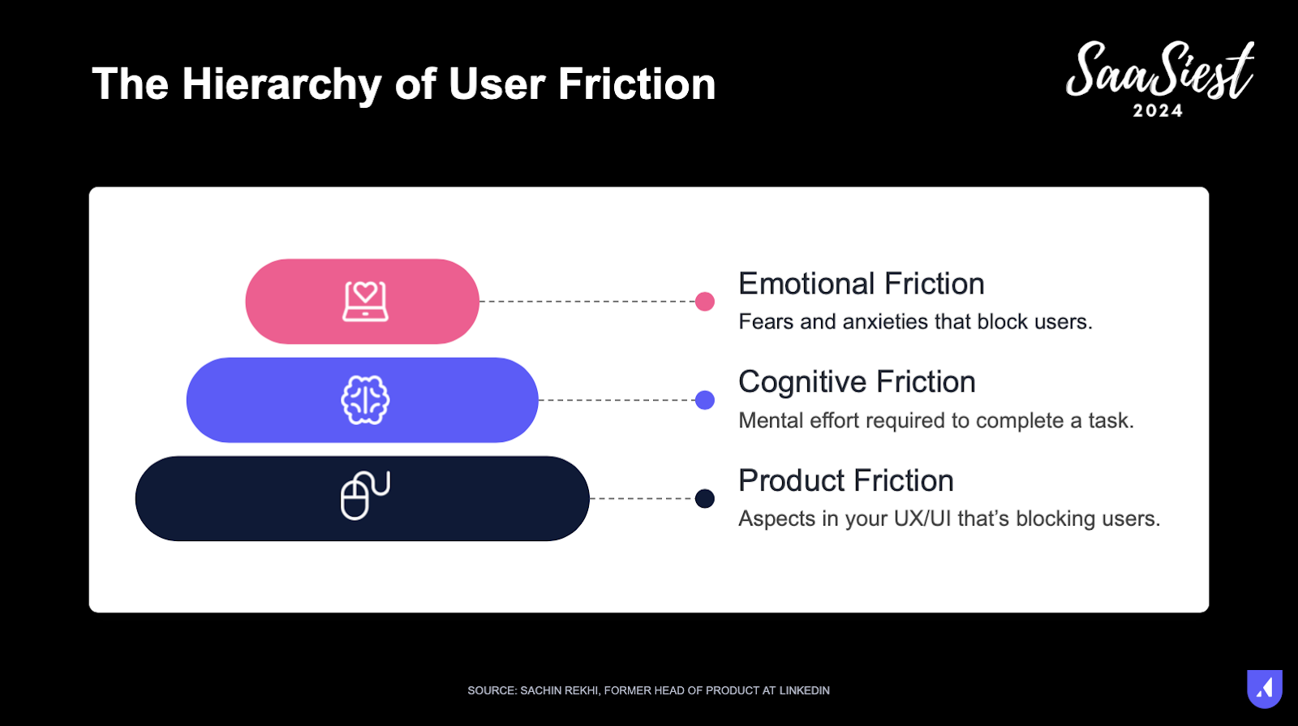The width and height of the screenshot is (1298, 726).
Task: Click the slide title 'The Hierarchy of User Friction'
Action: tap(404, 84)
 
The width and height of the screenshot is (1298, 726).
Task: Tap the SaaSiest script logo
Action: tap(1159, 71)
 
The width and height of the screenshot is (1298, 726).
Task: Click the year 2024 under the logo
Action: tap(1158, 110)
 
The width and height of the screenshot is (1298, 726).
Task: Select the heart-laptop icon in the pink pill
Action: tap(365, 301)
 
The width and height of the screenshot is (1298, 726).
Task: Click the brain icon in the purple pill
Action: tap(365, 400)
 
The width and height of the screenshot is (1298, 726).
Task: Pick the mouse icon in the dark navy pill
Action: tap(365, 496)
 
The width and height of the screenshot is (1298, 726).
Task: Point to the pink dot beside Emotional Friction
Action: tap(705, 301)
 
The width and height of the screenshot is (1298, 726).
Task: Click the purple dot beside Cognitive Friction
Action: tap(705, 400)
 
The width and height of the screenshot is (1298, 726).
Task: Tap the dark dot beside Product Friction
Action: tap(705, 498)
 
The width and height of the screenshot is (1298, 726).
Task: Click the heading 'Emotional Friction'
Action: tap(861, 284)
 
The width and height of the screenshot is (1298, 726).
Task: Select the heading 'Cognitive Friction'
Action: tap(857, 382)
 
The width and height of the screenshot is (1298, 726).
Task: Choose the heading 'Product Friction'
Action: tap(846, 481)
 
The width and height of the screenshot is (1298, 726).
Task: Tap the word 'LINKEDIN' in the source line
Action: tap(804, 690)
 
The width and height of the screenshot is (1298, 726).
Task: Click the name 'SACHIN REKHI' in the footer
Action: tap(559, 690)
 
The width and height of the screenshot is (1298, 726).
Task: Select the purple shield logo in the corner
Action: tap(1265, 689)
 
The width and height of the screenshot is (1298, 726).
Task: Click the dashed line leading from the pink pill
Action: tap(587, 301)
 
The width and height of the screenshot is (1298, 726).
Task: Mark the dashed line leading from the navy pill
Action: tap(642, 498)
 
